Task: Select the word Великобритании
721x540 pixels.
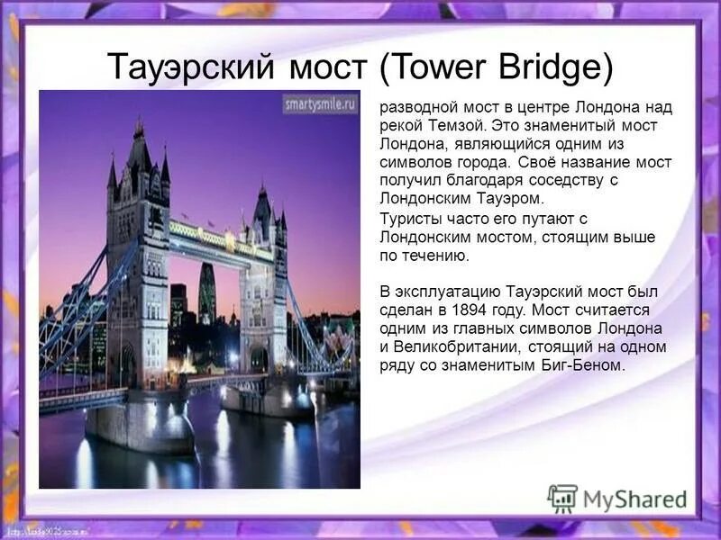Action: tap(452, 346)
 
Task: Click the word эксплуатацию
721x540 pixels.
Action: tap(441, 292)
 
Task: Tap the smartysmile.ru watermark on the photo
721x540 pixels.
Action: tap(318, 103)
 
